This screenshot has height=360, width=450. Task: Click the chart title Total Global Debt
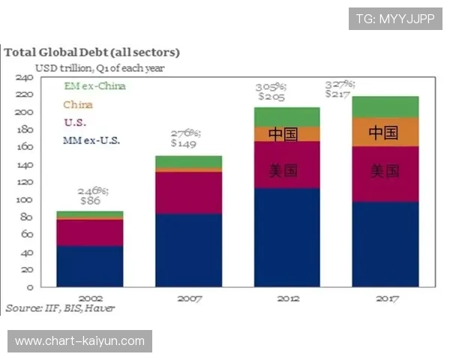(91, 52)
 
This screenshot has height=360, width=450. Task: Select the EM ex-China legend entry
(94, 86)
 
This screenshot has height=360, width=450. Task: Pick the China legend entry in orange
(78, 104)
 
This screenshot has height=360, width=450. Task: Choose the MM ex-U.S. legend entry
(91, 140)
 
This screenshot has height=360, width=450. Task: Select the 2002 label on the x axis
(90, 298)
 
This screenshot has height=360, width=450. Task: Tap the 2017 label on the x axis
(385, 298)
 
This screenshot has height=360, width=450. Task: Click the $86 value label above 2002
(90, 201)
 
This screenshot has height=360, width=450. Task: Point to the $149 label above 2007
(183, 142)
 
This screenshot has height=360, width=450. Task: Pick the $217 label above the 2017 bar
(340, 94)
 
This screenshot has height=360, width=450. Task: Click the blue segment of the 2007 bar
(189, 250)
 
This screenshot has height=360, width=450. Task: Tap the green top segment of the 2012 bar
(287, 116)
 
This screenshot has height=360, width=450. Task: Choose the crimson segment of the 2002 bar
(90, 232)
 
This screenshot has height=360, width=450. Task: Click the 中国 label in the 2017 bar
(385, 133)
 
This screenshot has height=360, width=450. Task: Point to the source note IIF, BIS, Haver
(61, 308)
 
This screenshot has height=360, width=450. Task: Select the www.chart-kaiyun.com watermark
(80, 341)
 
